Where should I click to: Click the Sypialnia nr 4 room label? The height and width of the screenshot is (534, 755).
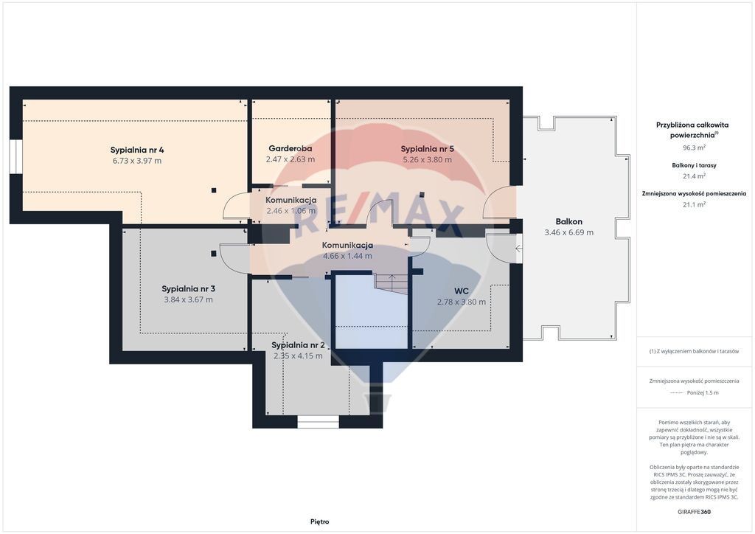pos(136,150)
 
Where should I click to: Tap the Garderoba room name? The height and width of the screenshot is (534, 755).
pos(290,149)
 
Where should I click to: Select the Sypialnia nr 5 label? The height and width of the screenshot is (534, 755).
pos(427,149)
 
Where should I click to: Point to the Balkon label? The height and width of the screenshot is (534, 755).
pos(568,221)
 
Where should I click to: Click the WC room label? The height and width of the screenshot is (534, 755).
pos(462,291)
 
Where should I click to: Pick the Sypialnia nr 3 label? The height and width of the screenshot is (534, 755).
pos(188,289)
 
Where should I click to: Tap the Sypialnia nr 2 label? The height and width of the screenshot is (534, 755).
pos(298,344)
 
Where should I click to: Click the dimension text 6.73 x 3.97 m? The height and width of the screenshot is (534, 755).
pos(136,161)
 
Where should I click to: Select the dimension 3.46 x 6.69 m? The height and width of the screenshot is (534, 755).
pos(568,232)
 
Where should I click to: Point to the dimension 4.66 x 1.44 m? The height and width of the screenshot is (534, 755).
pos(347,256)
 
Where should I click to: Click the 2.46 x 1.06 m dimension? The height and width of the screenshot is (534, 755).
pos(290,211)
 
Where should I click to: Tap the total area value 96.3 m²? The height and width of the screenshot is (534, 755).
pos(694,148)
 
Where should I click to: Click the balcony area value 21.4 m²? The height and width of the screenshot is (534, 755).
pos(694,176)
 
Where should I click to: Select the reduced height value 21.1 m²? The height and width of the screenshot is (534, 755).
pos(694,204)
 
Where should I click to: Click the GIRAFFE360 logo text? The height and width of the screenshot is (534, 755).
pos(694,512)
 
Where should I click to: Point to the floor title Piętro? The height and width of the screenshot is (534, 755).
pos(320,521)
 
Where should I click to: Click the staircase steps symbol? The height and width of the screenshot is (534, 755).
pos(391,282)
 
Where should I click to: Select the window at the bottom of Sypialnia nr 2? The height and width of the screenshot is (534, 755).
pos(318,422)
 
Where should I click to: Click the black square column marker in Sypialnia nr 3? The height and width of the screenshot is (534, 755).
pos(213,254)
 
